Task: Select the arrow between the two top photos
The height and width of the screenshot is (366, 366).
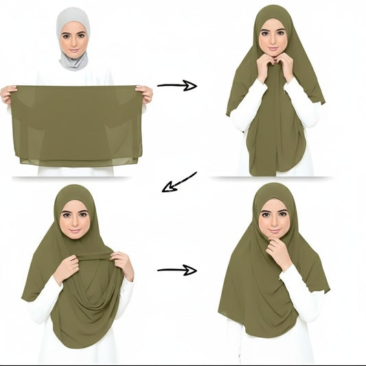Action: [176, 85]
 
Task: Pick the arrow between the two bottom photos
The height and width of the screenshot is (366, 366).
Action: [176, 269]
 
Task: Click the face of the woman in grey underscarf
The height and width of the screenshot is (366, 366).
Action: [73, 40]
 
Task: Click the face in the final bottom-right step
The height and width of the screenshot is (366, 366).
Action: [274, 219]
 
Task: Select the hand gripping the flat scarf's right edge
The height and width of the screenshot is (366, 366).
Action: [144, 93]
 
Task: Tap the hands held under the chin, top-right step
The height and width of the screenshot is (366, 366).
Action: [275, 65]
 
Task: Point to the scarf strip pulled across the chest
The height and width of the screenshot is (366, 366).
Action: [89, 256]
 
